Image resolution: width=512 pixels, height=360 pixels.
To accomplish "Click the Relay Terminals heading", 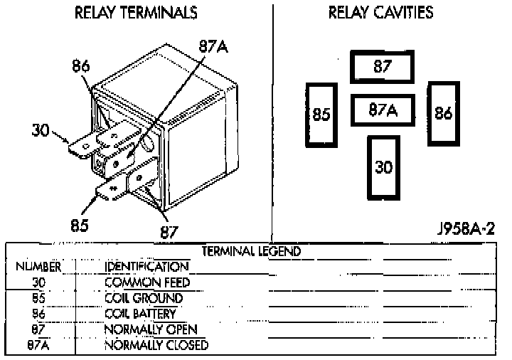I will pos(136,14).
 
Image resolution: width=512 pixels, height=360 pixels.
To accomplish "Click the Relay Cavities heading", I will pos(380,14).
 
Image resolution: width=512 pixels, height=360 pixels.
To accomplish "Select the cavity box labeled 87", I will pos(383,67).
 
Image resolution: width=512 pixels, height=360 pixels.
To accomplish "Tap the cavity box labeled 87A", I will pos(383,110).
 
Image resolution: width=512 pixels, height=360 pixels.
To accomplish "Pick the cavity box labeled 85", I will pos(321,115).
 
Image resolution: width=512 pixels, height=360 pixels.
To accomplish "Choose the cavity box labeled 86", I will pos(444,114).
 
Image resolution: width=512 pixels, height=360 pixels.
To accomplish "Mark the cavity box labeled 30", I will pos(383,167).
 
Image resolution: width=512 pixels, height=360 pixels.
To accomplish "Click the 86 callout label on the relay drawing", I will pos(81,67).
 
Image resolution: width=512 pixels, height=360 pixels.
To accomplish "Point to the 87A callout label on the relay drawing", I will pos(213,47).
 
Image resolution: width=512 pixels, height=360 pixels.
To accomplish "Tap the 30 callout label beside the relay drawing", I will pos(41,130).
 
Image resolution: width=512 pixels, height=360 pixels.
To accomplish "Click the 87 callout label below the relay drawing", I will pos(169,232).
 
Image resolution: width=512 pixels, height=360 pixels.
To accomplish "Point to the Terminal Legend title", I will pos(251,251).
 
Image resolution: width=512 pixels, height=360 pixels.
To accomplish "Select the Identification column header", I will pos(146,267).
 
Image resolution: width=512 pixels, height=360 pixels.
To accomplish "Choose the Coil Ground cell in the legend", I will pos(143,298).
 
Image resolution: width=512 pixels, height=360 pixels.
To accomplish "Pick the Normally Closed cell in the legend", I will pos(156,345).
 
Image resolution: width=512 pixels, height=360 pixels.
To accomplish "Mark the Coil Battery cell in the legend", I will pos(139,314).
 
